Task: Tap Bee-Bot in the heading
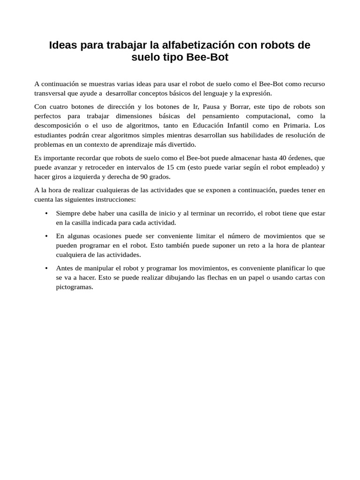coord(207,58)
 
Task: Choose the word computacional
coord(255,116)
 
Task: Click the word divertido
coord(181,144)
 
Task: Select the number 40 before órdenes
coord(283,157)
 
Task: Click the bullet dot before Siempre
coord(46,213)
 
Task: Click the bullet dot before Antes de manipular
coord(46,268)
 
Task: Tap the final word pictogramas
coord(75,287)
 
